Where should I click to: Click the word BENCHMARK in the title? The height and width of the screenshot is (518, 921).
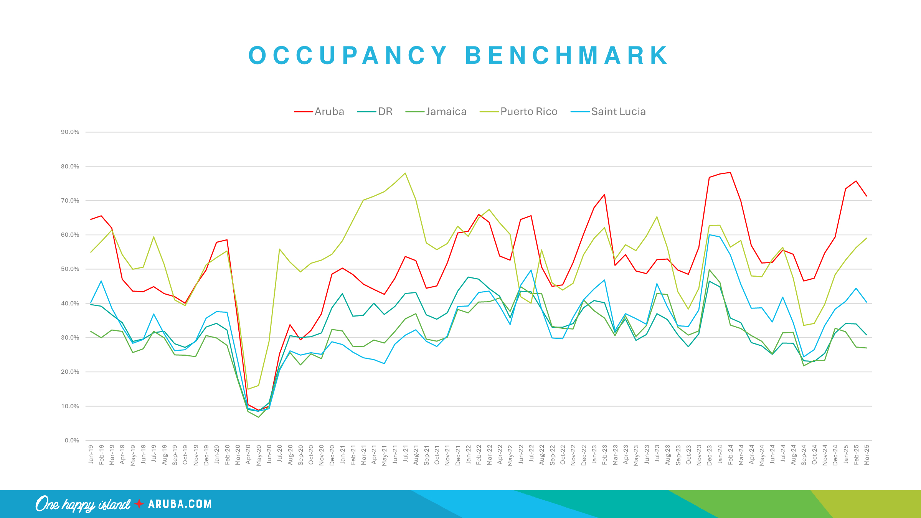[x=567, y=55]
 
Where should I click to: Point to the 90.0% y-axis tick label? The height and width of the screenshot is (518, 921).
[x=70, y=132]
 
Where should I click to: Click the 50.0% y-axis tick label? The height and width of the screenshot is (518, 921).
[x=70, y=269]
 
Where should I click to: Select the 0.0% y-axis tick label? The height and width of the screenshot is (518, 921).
[x=72, y=440]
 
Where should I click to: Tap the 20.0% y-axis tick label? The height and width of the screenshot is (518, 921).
[x=70, y=372]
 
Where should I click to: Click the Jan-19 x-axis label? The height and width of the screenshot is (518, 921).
[x=91, y=454]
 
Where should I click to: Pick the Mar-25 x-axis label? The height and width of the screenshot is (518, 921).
[x=867, y=455]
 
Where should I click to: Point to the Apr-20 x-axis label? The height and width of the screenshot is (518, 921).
[x=248, y=455]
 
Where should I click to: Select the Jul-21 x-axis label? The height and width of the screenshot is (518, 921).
[x=406, y=455]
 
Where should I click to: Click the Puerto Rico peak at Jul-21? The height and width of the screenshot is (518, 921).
[x=405, y=173]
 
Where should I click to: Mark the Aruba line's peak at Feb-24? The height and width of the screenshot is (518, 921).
[x=730, y=172]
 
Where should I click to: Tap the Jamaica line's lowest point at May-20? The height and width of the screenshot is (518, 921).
[x=259, y=417]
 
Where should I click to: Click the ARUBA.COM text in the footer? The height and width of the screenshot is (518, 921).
[x=180, y=504]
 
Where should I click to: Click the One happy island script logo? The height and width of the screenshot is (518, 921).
[x=83, y=504]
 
